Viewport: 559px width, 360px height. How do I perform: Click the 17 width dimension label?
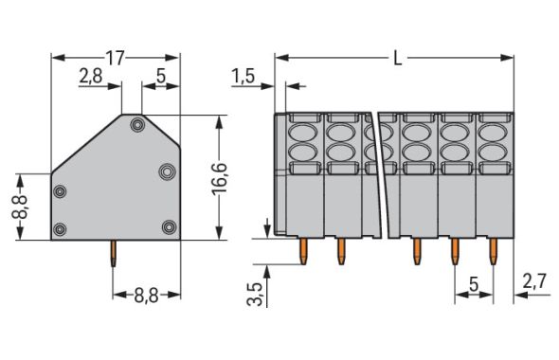[x=116, y=58]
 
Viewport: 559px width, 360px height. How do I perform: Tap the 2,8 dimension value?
[x=91, y=76]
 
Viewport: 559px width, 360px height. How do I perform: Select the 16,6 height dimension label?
[x=220, y=179]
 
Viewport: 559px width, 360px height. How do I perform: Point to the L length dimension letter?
[x=398, y=58]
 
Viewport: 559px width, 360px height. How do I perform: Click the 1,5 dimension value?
[x=243, y=77]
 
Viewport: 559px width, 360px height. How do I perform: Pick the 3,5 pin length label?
[x=255, y=294]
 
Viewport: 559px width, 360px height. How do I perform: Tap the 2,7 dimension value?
[x=534, y=281]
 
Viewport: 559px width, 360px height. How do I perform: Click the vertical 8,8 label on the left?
[x=20, y=207]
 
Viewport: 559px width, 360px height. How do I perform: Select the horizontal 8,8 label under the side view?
[x=147, y=296]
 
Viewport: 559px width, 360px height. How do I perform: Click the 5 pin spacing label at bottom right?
[x=474, y=284]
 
